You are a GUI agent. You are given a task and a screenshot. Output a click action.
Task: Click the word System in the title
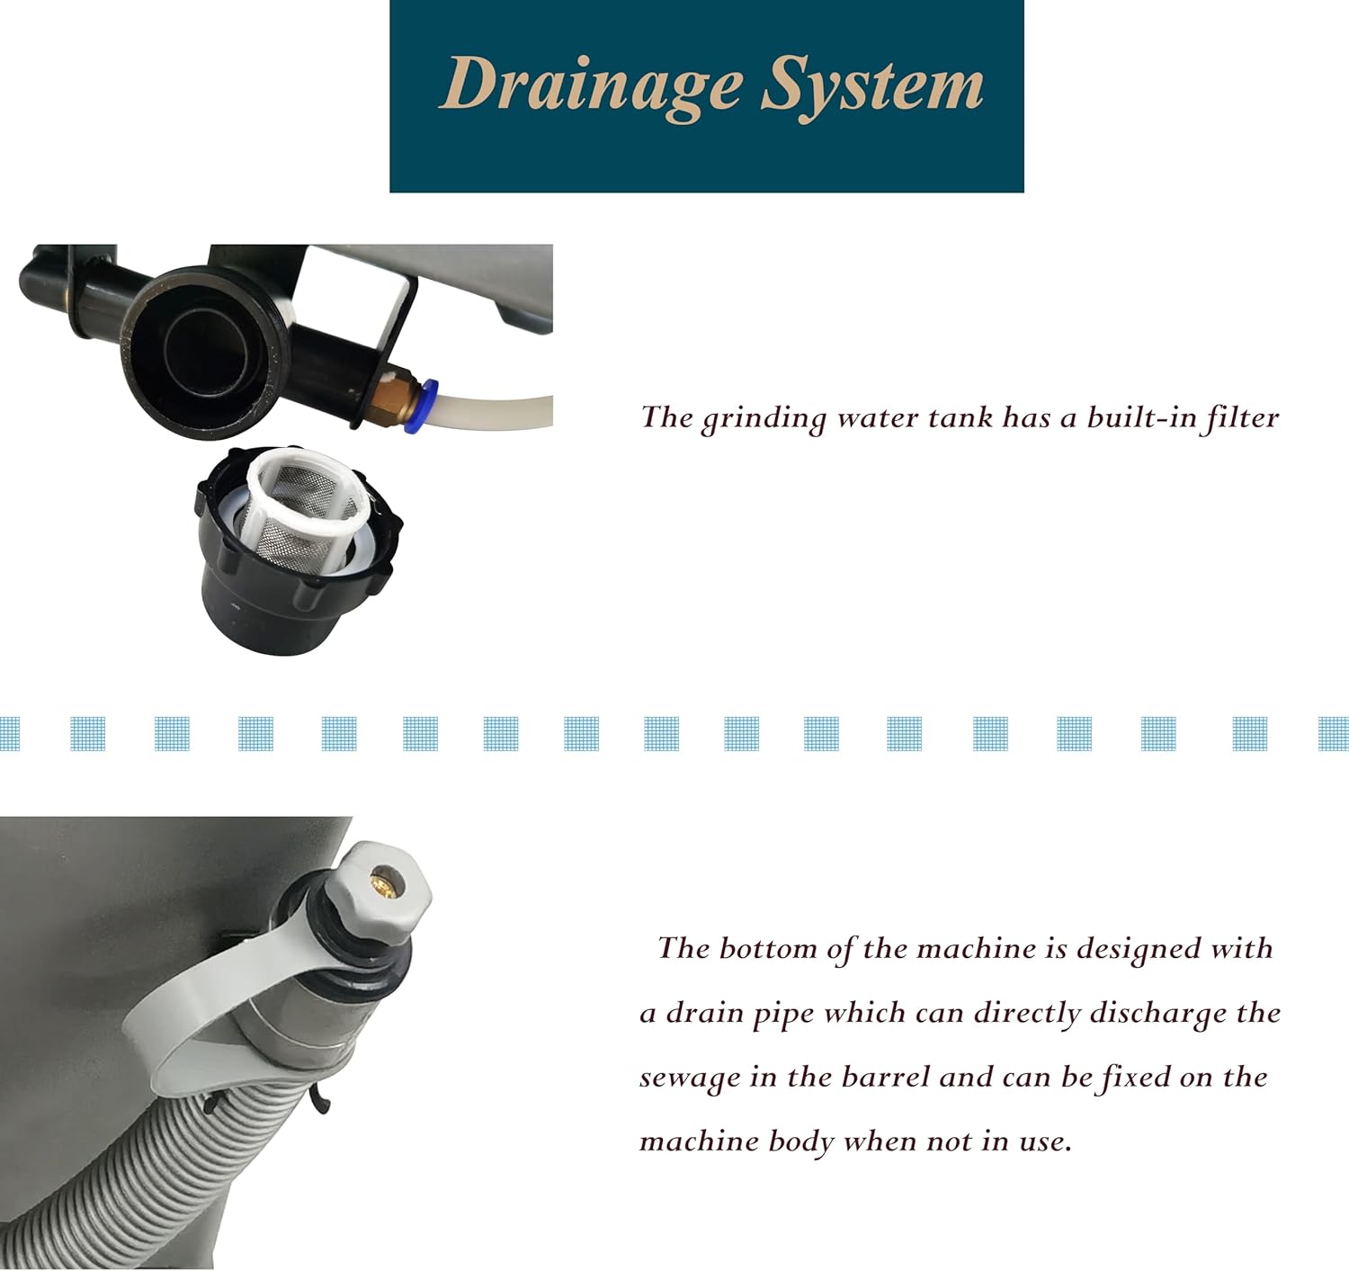tap(872, 88)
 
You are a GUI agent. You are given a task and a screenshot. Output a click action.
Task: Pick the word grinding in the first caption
tap(764, 419)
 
